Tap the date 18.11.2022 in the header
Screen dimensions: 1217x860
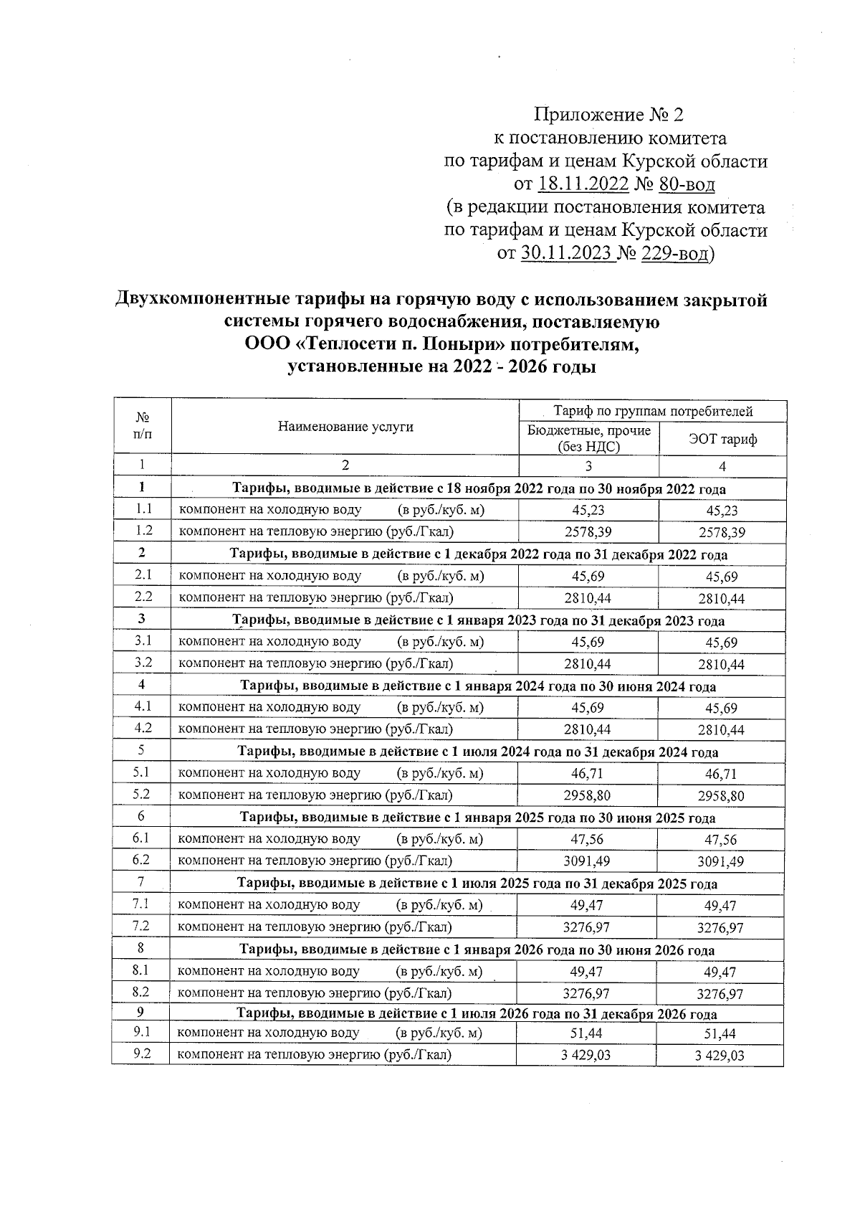click(583, 184)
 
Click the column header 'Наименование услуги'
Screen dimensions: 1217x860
click(345, 427)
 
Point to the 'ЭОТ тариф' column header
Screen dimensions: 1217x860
click(722, 439)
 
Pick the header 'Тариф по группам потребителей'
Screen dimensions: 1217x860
click(653, 412)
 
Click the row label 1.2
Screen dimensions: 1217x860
click(143, 531)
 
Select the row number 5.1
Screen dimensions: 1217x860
click(142, 773)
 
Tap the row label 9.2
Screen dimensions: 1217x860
click(141, 1054)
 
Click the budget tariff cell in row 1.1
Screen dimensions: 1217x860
click(588, 510)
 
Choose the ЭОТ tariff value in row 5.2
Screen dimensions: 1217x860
click(721, 795)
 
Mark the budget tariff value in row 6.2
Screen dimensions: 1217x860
click(588, 861)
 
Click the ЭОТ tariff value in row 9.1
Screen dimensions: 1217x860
click(720, 1033)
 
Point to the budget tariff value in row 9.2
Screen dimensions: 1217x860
click(588, 1055)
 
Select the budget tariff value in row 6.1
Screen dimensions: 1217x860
click(588, 839)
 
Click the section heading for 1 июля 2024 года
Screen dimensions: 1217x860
click(477, 752)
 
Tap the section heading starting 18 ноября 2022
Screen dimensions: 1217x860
click(479, 489)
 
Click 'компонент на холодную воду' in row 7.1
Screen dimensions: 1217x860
click(269, 905)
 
